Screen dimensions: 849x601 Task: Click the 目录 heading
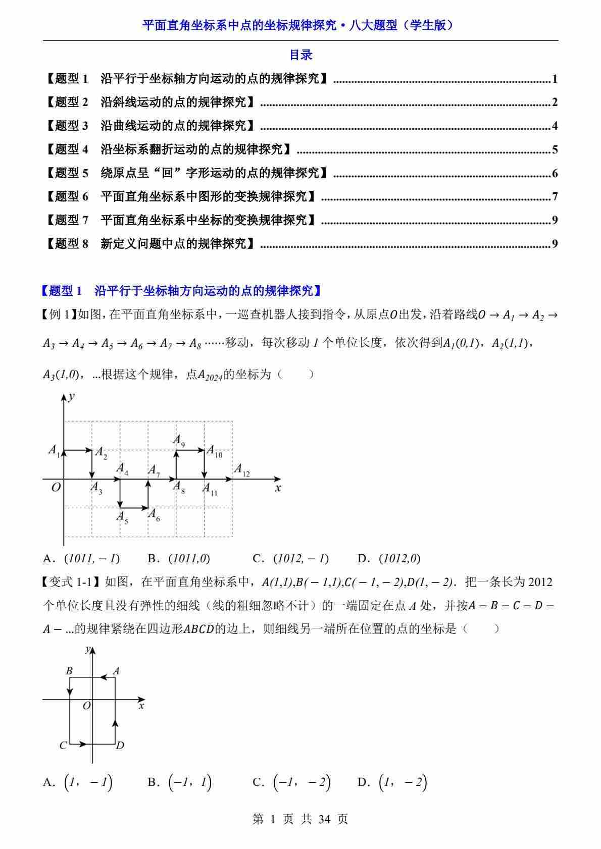[300, 55]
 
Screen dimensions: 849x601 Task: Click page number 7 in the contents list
[555, 197]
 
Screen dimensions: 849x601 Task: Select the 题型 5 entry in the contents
[186, 173]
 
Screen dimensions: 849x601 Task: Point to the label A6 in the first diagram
[154, 514]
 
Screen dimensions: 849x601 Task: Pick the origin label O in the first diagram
[56, 488]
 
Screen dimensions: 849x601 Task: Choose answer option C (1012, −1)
[291, 558]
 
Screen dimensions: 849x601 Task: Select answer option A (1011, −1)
[82, 558]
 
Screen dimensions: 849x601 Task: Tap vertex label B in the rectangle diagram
[69, 671]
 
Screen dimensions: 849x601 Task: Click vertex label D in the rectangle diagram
[120, 746]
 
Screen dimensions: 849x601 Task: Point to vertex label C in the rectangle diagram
[63, 746]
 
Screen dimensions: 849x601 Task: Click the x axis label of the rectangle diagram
[141, 706]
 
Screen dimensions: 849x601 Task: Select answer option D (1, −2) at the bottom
[392, 782]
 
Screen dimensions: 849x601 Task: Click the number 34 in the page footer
[324, 819]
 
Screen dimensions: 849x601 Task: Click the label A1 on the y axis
[54, 450]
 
